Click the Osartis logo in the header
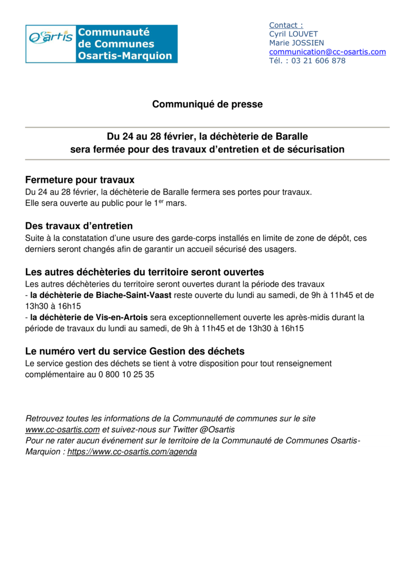(101, 43)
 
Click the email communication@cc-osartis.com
(327, 52)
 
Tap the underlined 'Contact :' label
(286, 25)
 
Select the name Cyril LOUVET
(293, 34)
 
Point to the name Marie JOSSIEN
(297, 43)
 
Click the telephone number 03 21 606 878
(318, 61)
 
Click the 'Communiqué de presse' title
(207, 104)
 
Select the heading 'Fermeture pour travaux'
(79, 180)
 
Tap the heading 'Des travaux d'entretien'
(79, 226)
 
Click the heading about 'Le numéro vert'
(135, 352)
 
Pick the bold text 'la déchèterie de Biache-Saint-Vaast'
(101, 295)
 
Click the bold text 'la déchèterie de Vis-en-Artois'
(89, 317)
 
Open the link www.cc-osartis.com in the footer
(63, 429)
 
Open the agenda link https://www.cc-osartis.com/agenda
(132, 452)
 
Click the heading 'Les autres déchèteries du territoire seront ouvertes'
(145, 272)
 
